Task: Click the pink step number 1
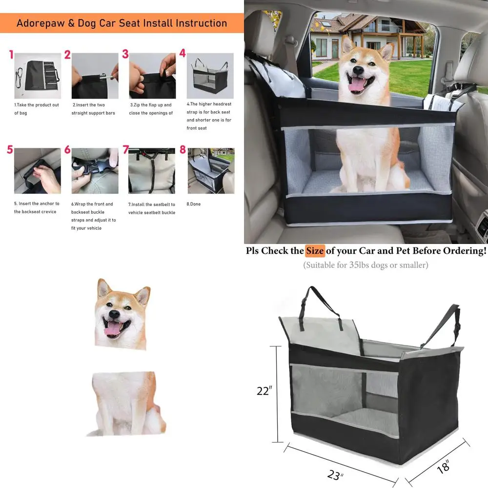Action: pyautogui.click(x=11, y=54)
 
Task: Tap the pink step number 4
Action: pyautogui.click(x=183, y=53)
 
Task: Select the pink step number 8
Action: pyautogui.click(x=183, y=150)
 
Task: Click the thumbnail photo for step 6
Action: pyautogui.click(x=95, y=171)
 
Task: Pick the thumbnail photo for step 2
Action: pyautogui.click(x=95, y=76)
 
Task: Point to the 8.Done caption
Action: pyautogui.click(x=194, y=204)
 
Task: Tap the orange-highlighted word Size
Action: pyautogui.click(x=315, y=251)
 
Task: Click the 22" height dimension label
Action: pyautogui.click(x=264, y=391)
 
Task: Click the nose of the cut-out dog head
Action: pyautogui.click(x=113, y=315)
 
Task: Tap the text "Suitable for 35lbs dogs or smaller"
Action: pyautogui.click(x=366, y=265)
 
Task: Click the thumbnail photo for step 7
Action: pyautogui.click(x=151, y=171)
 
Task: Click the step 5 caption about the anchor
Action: pyautogui.click(x=36, y=207)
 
